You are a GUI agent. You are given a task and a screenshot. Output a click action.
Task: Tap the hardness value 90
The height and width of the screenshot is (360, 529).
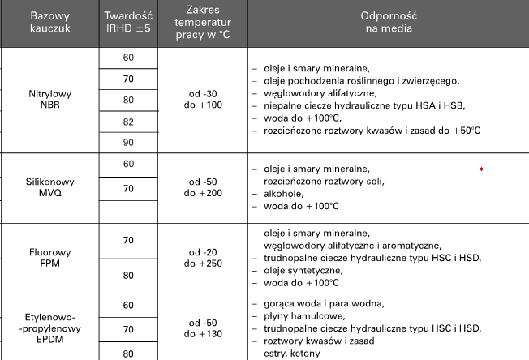(128, 142)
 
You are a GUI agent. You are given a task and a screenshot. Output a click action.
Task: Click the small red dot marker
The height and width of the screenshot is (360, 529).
(482, 169)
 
